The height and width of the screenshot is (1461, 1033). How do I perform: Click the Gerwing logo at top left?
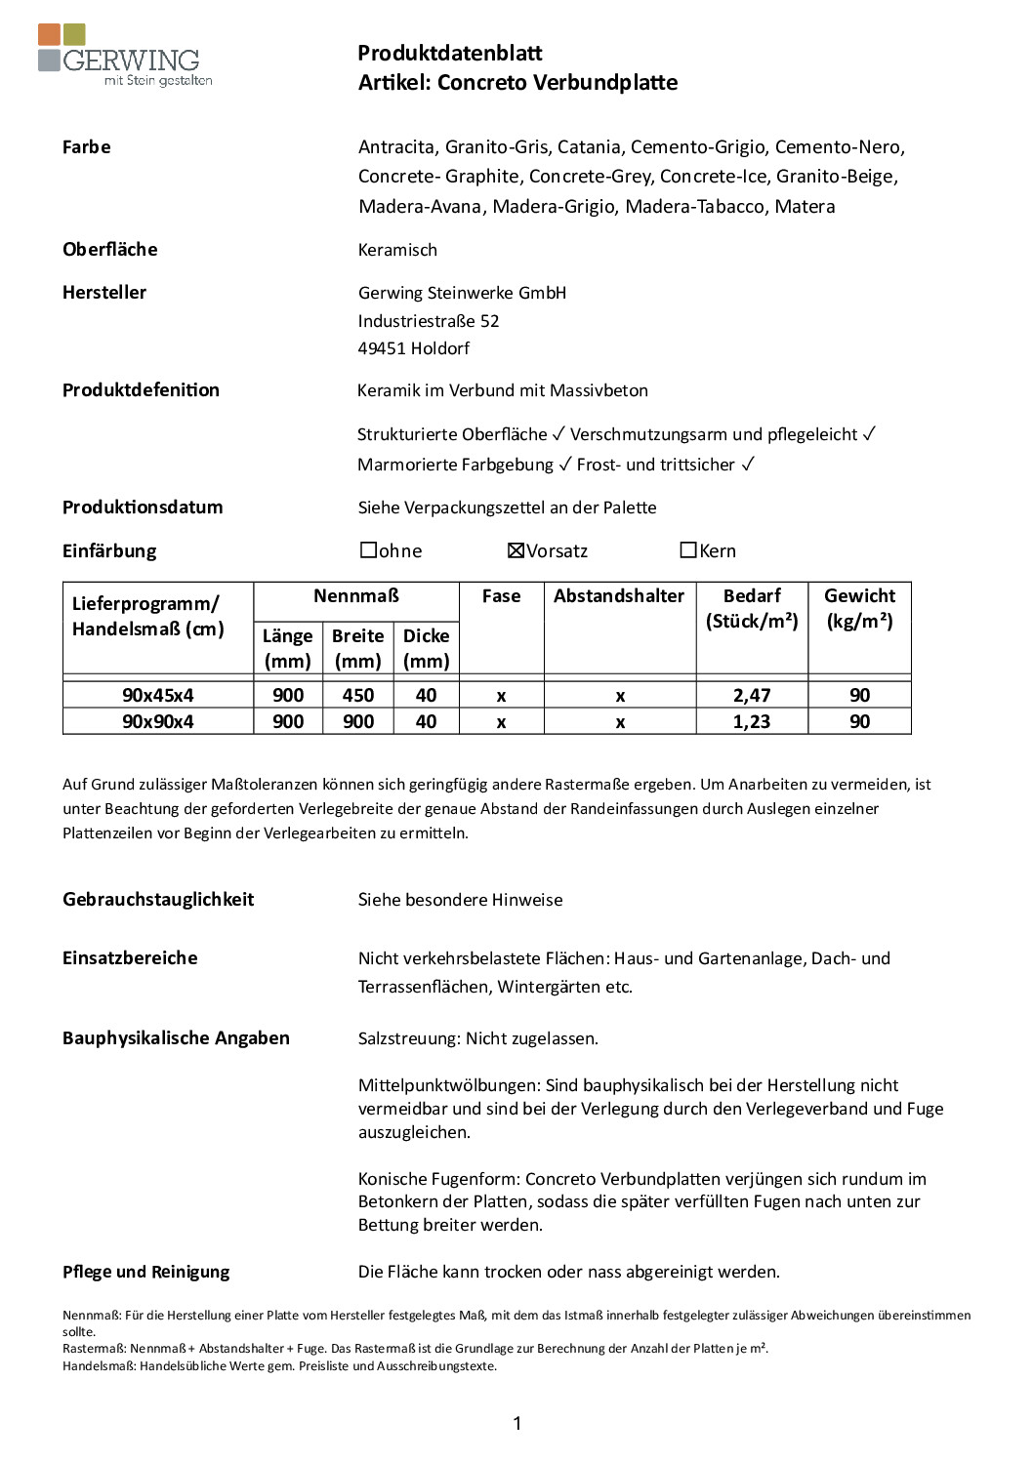pos(124,56)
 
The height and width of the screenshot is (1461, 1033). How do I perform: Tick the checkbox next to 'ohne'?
pos(368,550)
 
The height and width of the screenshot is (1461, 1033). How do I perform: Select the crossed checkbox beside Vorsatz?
pos(516,550)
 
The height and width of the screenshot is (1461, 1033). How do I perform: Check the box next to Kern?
pos(688,550)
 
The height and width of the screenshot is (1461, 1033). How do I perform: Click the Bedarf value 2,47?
pos(752,695)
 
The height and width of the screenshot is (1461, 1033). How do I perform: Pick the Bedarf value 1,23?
pos(752,721)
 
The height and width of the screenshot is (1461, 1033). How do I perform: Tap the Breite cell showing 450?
pos(357,695)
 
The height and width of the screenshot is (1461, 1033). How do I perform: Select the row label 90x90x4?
pos(157,721)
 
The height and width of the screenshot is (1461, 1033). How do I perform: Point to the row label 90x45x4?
pos(157,695)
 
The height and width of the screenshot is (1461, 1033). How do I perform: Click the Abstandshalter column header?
pos(619,595)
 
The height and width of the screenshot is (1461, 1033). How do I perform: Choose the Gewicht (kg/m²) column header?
pos(859,608)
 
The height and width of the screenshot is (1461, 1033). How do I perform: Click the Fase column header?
pos(501,595)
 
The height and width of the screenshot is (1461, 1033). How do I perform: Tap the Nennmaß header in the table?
pos(356,595)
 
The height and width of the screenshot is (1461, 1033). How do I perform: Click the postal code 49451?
pos(382,348)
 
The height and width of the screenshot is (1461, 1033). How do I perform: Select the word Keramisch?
pos(397,250)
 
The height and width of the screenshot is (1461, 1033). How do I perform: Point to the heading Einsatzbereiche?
pos(130,957)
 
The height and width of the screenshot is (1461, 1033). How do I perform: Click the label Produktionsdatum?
pos(143,507)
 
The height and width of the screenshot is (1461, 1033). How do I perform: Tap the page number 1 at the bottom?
pos(516,1423)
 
